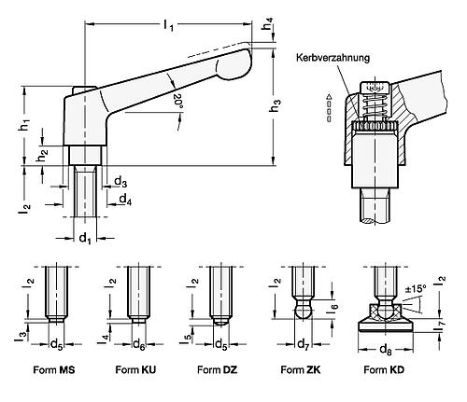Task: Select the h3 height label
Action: click(x=273, y=106)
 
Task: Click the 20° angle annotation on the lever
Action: click(x=177, y=100)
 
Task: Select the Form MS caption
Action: click(x=58, y=368)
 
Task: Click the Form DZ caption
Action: click(x=214, y=368)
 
